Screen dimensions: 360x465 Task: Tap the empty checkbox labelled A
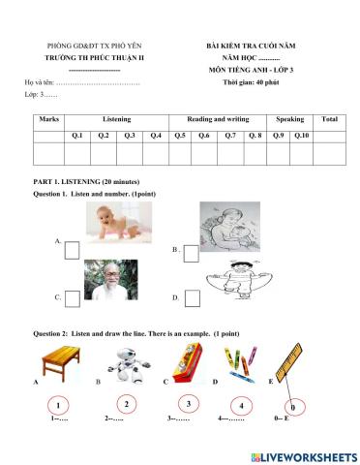click(x=73, y=251)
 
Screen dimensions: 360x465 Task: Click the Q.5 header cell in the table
click(x=180, y=135)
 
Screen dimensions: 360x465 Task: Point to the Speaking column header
click(x=289, y=118)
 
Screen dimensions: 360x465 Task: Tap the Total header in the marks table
click(x=329, y=118)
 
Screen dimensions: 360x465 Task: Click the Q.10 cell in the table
click(x=301, y=135)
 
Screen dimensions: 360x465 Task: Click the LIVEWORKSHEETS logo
click(x=303, y=455)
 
